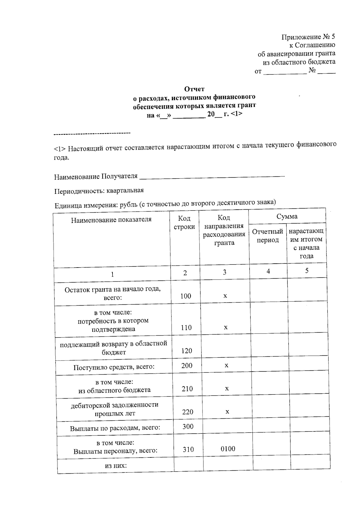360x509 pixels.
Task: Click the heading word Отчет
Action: click(194, 89)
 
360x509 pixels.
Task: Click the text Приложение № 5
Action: click(308, 37)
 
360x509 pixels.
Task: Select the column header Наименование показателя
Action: click(111, 220)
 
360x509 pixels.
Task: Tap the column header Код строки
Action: click(184, 223)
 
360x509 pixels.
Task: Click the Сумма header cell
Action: click(287, 216)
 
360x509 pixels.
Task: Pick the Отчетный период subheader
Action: click(268, 236)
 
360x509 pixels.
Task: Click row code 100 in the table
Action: click(186, 296)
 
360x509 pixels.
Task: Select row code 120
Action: click(187, 351)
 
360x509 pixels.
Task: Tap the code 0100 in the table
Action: click(228, 449)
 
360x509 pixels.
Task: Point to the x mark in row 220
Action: click(227, 412)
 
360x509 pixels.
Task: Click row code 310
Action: click(188, 449)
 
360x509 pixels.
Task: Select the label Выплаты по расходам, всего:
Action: click(115, 428)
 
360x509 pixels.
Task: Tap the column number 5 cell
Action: click(307, 271)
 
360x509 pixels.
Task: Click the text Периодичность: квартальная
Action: click(99, 191)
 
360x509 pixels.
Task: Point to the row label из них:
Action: click(115, 466)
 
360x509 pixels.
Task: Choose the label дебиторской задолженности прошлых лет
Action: click(115, 409)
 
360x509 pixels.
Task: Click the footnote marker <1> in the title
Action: click(237, 114)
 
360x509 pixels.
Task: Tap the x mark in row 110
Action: click(226, 327)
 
